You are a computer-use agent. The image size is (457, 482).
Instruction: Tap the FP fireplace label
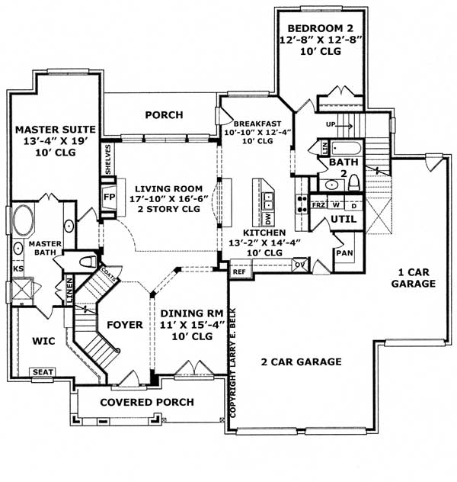108,197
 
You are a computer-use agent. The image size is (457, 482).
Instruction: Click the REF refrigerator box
239,271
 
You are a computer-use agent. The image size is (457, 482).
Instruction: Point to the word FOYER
125,325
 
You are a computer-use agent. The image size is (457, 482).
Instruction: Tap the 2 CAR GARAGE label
302,361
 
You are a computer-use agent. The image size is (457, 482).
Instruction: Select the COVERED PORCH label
147,402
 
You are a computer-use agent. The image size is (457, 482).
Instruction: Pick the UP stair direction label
332,124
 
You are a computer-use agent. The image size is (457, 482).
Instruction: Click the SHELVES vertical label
108,159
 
